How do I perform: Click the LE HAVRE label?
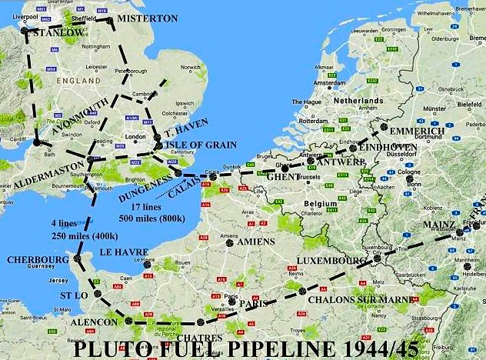pyautogui.click(x=124, y=252)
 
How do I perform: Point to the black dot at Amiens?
pyautogui.click(x=229, y=242)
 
